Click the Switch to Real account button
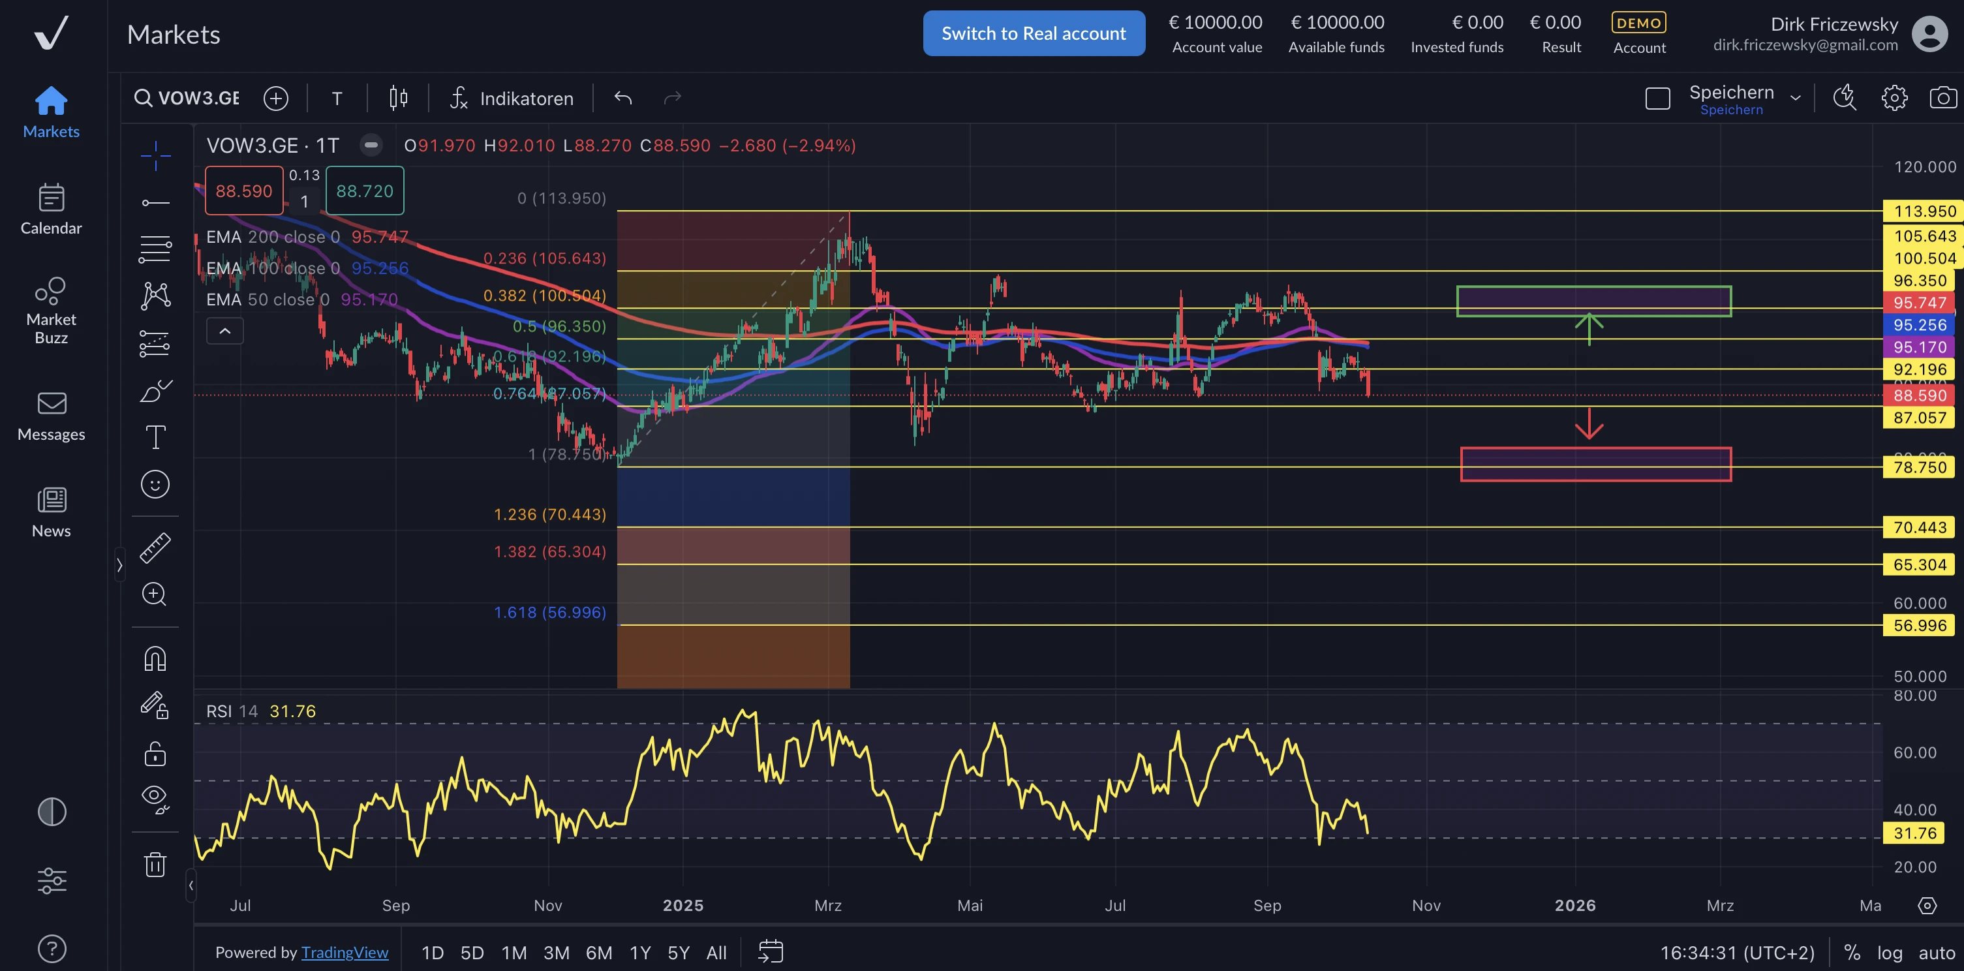[x=1033, y=33]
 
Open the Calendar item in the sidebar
[x=51, y=209]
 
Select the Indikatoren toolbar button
[x=512, y=99]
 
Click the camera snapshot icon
[x=1942, y=98]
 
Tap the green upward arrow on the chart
[x=1589, y=329]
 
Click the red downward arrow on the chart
[x=1589, y=424]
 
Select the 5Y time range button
[x=678, y=952]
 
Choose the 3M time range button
[x=556, y=952]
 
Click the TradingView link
[x=345, y=952]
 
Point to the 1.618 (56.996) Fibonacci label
[x=549, y=613]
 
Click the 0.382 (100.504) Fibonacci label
[x=544, y=295]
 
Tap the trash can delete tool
[x=155, y=864]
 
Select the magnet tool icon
[x=155, y=658]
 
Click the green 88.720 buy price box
[x=365, y=191]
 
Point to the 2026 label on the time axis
[x=1575, y=905]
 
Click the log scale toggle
[x=1889, y=952]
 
